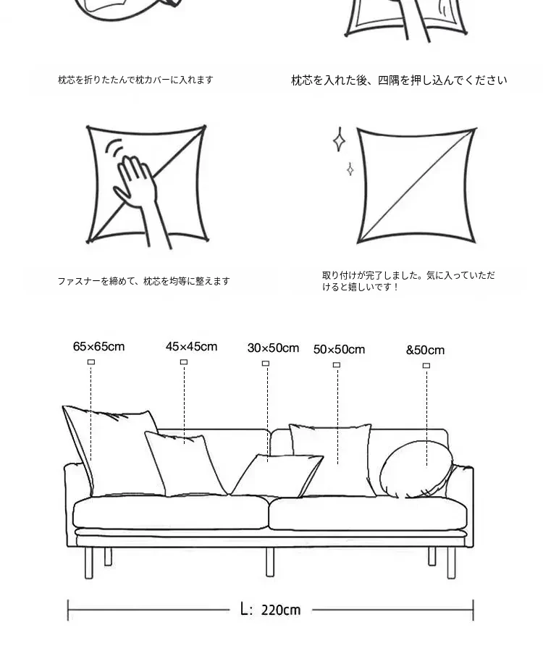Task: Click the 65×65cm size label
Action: pyautogui.click(x=99, y=346)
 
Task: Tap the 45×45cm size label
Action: pyautogui.click(x=192, y=346)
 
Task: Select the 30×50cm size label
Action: pyautogui.click(x=273, y=348)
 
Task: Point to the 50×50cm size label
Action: pyautogui.click(x=339, y=349)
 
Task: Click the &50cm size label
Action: pyautogui.click(x=425, y=351)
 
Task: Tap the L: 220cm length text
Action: pyautogui.click(x=270, y=609)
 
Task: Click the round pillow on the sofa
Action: pyautogui.click(x=416, y=469)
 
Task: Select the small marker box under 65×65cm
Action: pyautogui.click(x=91, y=361)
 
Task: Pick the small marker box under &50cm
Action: pyautogui.click(x=426, y=366)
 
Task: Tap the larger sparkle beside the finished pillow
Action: pyautogui.click(x=339, y=140)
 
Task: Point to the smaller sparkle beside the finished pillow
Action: pyautogui.click(x=350, y=169)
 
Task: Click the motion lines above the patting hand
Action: pyautogui.click(x=114, y=149)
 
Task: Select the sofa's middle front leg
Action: pyautogui.click(x=270, y=562)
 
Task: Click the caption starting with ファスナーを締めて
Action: pyautogui.click(x=143, y=282)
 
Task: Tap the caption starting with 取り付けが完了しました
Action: pyautogui.click(x=408, y=281)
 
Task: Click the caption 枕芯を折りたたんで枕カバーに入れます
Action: pyautogui.click(x=135, y=80)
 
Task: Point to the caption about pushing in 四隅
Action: pyautogui.click(x=399, y=80)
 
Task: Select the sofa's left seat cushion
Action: pyautogui.click(x=171, y=512)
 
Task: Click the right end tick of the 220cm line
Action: pyautogui.click(x=473, y=611)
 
